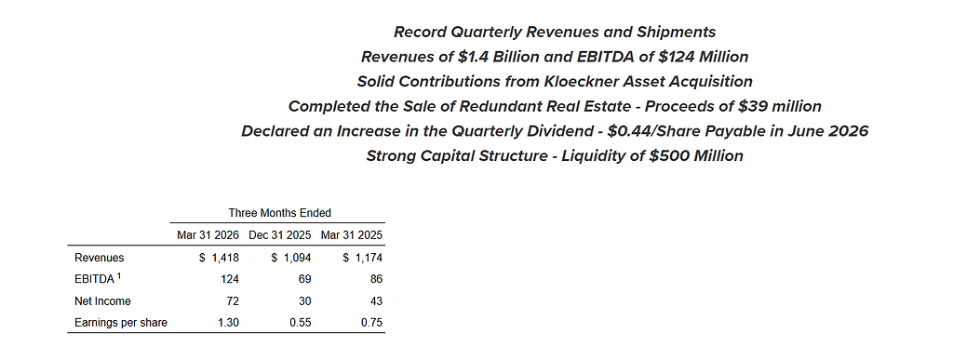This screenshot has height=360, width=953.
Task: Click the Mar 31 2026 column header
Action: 208,235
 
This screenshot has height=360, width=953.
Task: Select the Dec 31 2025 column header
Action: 279,235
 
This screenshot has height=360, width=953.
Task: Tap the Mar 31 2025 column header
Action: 351,235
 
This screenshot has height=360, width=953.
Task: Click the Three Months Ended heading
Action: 279,213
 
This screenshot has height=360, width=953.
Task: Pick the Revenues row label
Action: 99,258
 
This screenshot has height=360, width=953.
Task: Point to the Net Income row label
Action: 102,301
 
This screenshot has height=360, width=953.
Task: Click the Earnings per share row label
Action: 121,323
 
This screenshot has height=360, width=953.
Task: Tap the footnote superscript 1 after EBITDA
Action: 120,277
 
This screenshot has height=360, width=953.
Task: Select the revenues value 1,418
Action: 225,258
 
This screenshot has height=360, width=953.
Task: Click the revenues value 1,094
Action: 297,258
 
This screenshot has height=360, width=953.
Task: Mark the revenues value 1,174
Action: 369,258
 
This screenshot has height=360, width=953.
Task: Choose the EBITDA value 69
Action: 305,279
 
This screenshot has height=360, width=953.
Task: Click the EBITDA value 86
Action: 377,279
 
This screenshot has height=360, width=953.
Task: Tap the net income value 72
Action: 234,301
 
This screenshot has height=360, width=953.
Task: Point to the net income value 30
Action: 305,301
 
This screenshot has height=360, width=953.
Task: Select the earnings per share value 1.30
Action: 229,323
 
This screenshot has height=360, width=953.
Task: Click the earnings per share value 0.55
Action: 301,323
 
